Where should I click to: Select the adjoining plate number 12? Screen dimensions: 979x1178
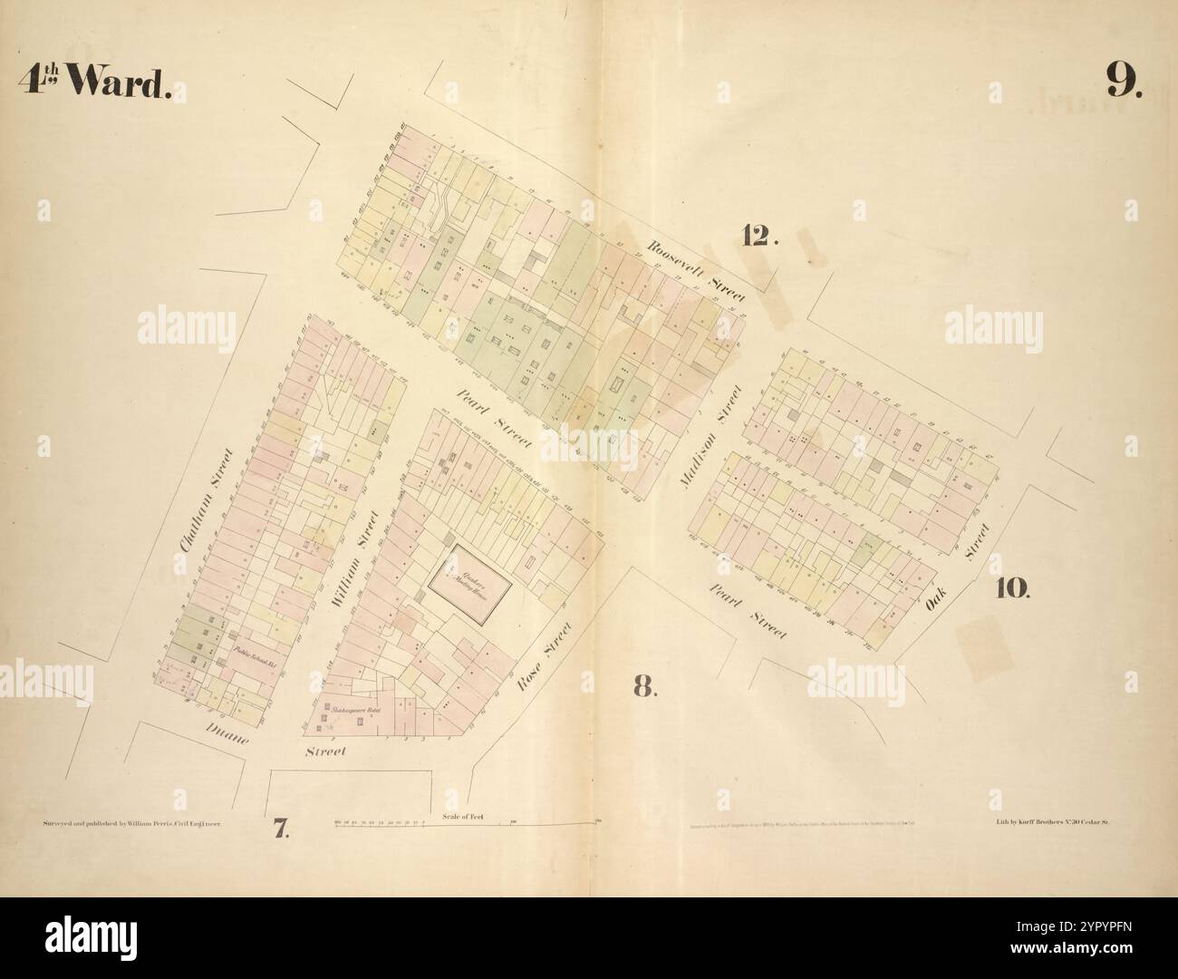pyautogui.click(x=759, y=236)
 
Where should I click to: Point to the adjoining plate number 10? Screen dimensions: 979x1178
pyautogui.click(x=1012, y=588)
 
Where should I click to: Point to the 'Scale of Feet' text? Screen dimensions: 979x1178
pyautogui.click(x=464, y=817)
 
